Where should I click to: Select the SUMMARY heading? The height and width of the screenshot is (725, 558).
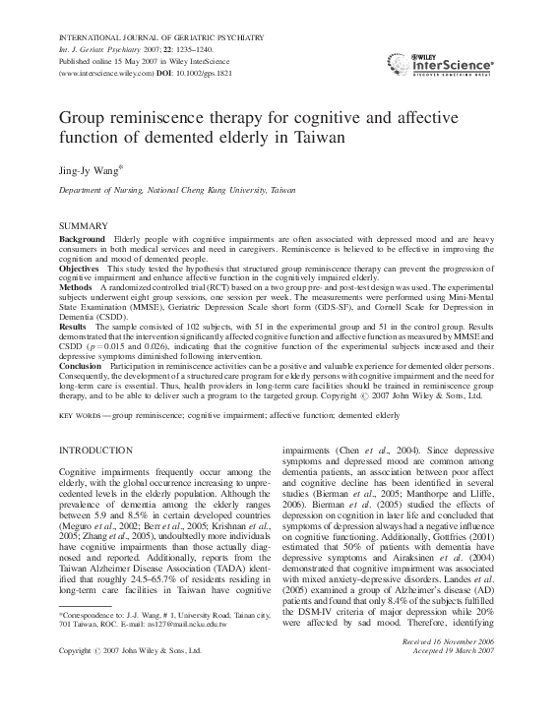pos(87,226)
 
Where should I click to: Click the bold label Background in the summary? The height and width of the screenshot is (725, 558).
pos(82,240)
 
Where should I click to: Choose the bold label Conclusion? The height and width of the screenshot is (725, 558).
pos(82,366)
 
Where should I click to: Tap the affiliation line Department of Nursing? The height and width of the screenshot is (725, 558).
pos(163,187)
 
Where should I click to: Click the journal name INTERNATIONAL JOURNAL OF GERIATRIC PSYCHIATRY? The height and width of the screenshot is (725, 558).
pos(161,37)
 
